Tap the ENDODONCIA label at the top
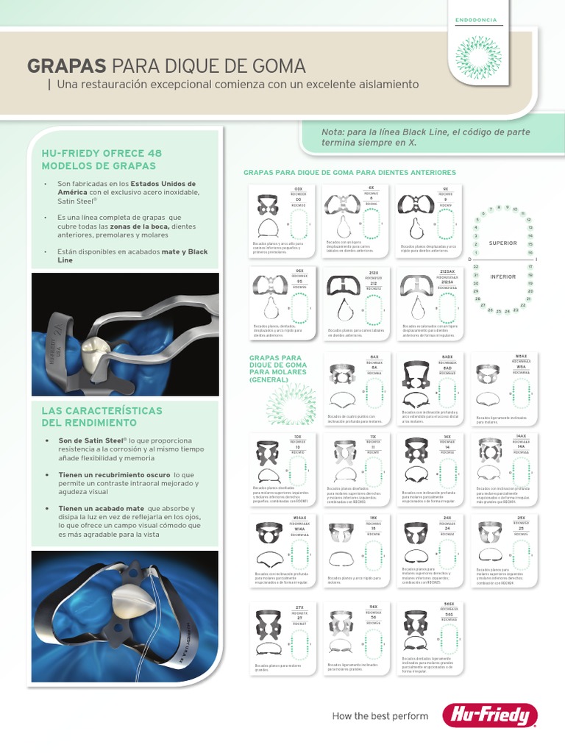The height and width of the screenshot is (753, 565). click(x=476, y=20)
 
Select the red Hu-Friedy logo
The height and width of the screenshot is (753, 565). click(x=489, y=715)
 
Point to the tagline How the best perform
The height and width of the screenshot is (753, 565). click(x=380, y=715)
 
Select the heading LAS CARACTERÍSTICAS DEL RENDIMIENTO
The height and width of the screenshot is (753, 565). click(x=102, y=416)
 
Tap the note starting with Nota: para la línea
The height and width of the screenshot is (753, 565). click(x=425, y=137)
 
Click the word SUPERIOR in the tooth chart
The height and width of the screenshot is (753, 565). click(x=503, y=243)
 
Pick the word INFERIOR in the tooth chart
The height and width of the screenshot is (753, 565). click(x=503, y=276)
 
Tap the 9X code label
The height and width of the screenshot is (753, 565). click(x=446, y=188)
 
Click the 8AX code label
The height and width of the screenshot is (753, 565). click(x=374, y=357)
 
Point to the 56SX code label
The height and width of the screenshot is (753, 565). click(x=449, y=604)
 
